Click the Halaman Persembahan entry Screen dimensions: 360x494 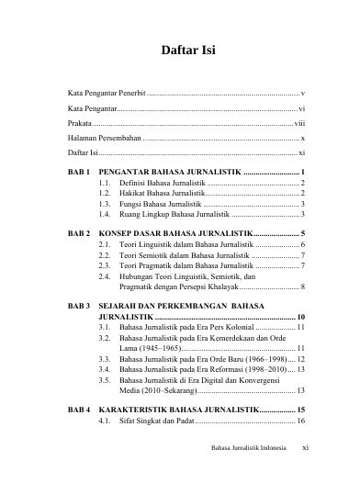pos(98,136)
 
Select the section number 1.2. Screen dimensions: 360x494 pos(105,194)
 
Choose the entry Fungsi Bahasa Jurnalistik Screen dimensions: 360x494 pos(159,204)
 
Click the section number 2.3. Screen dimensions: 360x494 pos(105,265)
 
